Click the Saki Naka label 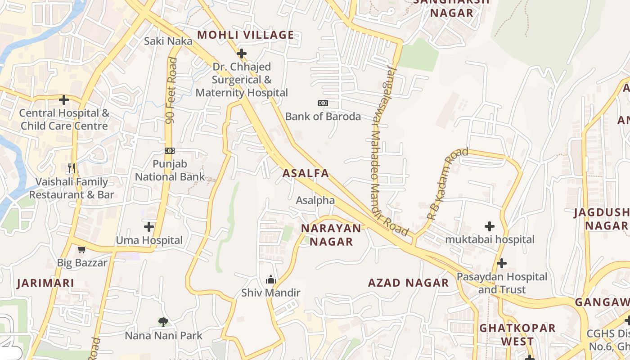pos(168,41)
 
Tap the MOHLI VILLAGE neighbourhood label pos(246,35)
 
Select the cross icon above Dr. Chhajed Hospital pos(242,54)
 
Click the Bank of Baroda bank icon pos(323,103)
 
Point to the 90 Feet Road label pos(171,90)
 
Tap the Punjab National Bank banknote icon pos(170,151)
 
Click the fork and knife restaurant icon pos(72,168)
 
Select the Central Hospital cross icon pos(64,99)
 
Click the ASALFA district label pos(306,173)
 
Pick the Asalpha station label pos(315,200)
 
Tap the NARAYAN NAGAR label pos(331,235)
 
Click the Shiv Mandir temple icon pos(270,280)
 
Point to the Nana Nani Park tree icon pos(163,322)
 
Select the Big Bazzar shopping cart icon pos(81,250)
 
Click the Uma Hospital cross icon pos(149,226)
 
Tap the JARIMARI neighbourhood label pos(45,283)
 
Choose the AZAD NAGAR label pos(408,283)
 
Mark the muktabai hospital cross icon pos(490,226)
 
